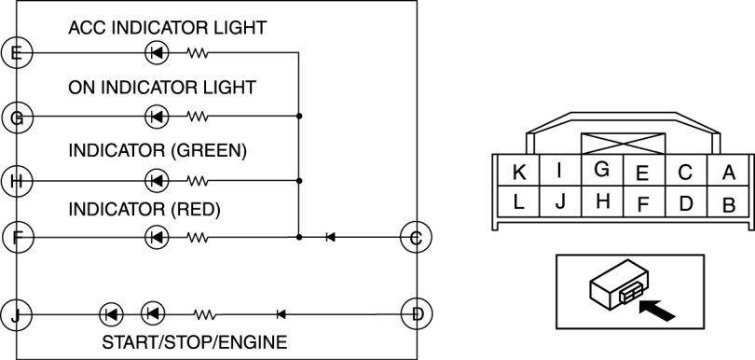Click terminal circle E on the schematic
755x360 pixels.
[17, 52]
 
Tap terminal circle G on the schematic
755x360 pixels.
[17, 117]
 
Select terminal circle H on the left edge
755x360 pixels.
[17, 181]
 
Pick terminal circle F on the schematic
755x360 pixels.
[18, 237]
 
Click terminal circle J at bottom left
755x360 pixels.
[17, 314]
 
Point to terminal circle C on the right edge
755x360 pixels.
[417, 237]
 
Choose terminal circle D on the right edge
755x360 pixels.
[417, 314]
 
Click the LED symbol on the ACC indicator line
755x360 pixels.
[157, 52]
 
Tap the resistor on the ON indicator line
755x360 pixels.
[197, 117]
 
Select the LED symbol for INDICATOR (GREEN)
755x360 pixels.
[157, 181]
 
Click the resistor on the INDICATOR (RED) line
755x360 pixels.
[197, 237]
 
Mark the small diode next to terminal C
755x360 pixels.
[330, 237]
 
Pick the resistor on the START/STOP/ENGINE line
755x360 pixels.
[205, 314]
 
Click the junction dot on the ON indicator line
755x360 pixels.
[299, 117]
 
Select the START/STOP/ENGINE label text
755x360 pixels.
[195, 342]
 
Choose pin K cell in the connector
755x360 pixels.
[518, 170]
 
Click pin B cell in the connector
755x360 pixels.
[729, 201]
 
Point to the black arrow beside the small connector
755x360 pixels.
[657, 310]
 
